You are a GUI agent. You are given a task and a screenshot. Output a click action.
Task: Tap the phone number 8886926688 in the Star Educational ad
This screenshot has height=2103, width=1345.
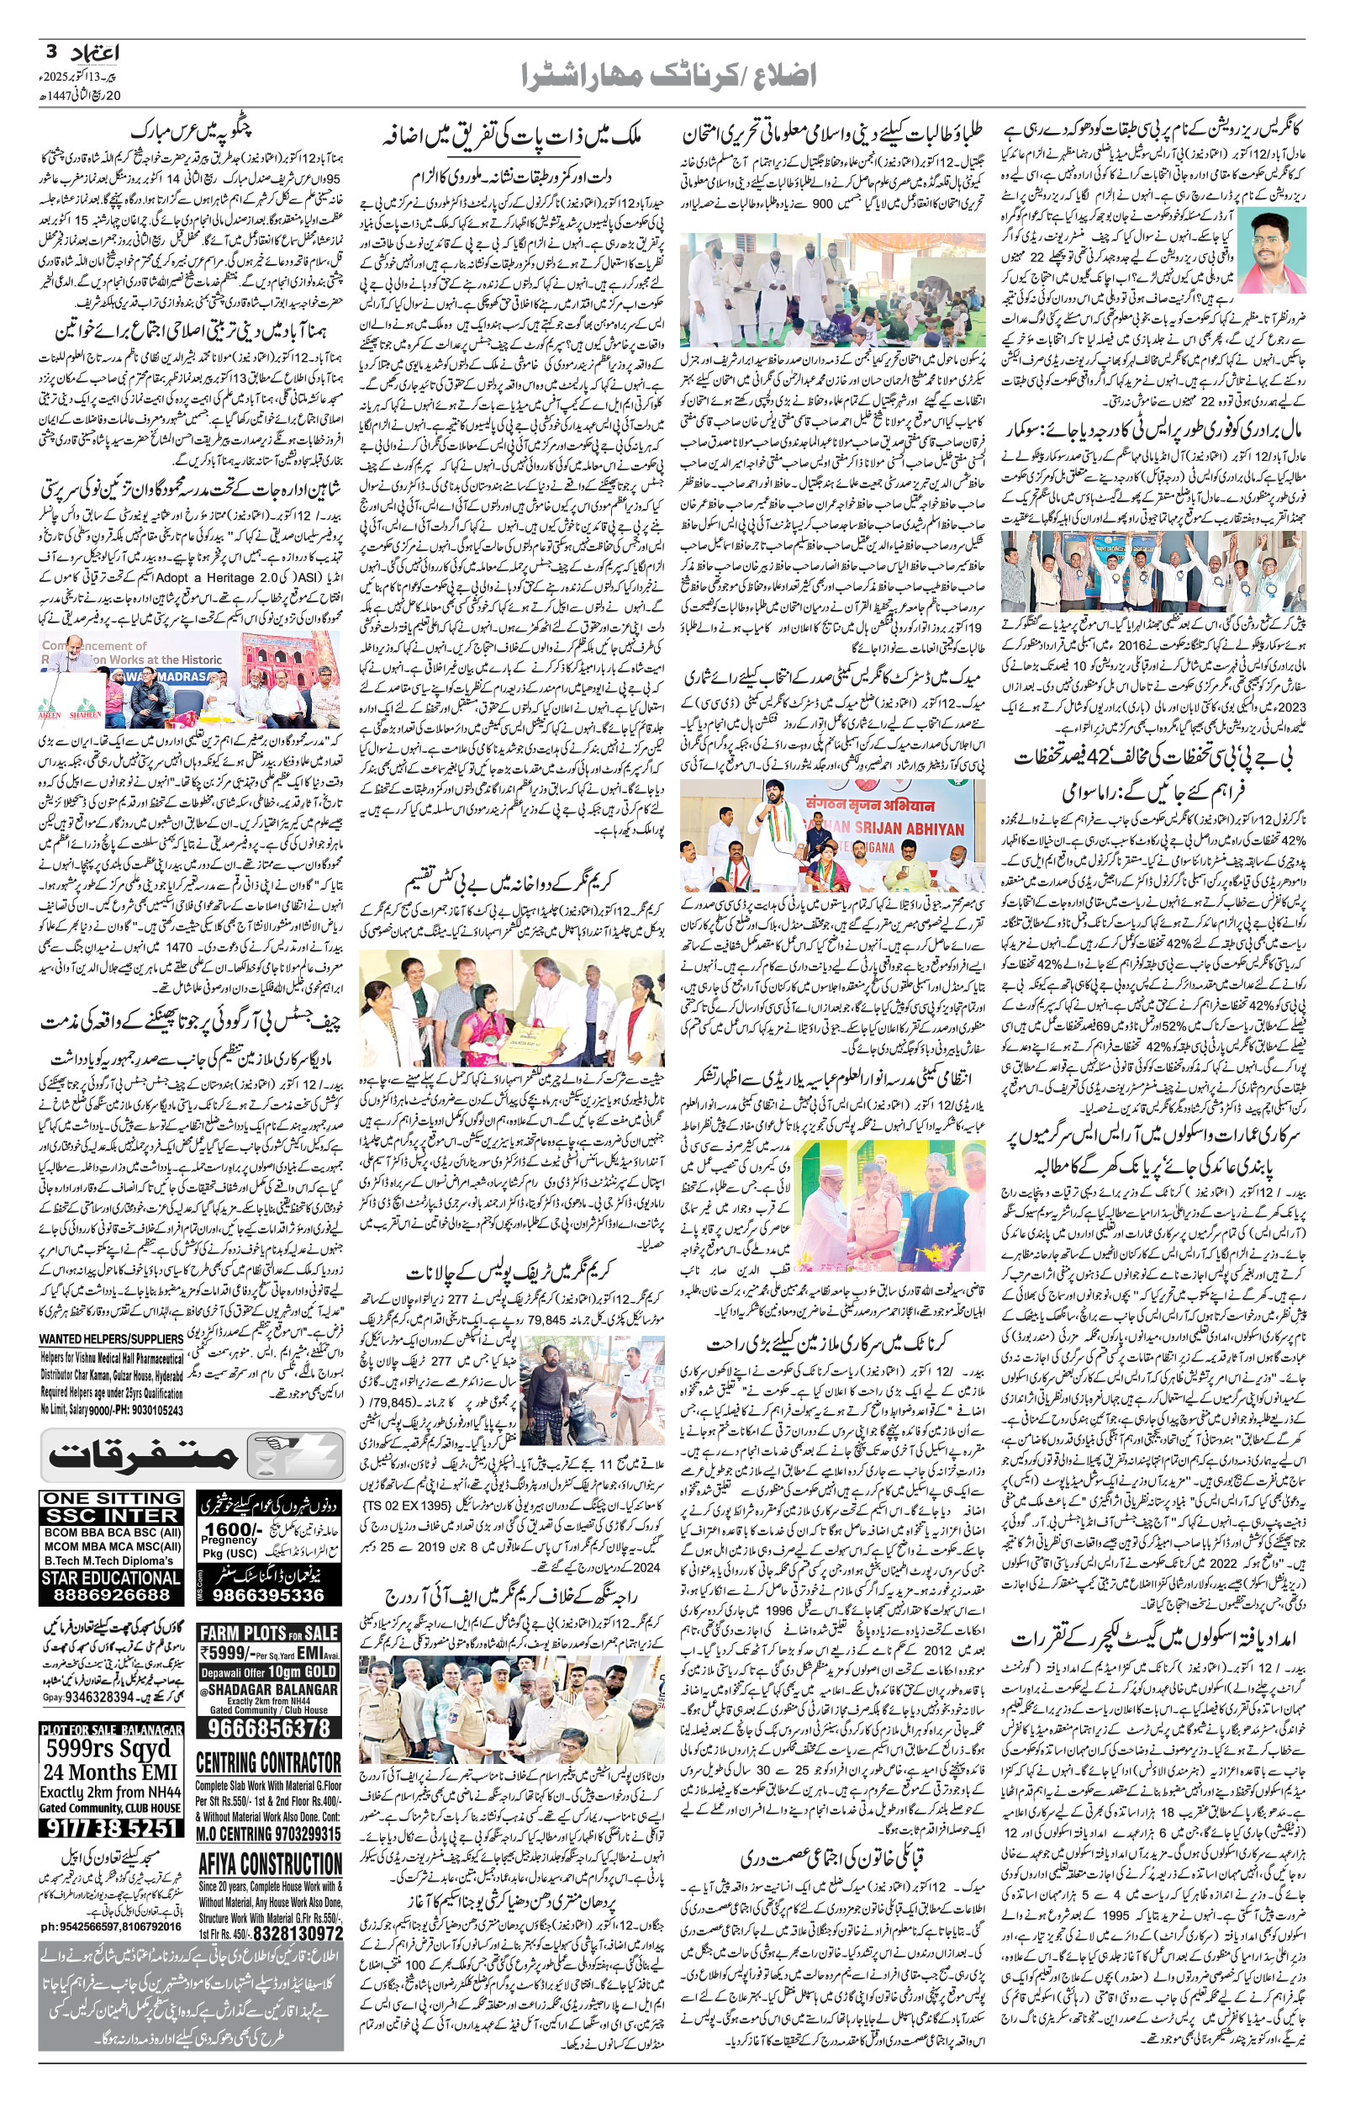[110, 1595]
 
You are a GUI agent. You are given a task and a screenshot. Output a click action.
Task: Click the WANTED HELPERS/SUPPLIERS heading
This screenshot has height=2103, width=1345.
[111, 1338]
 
